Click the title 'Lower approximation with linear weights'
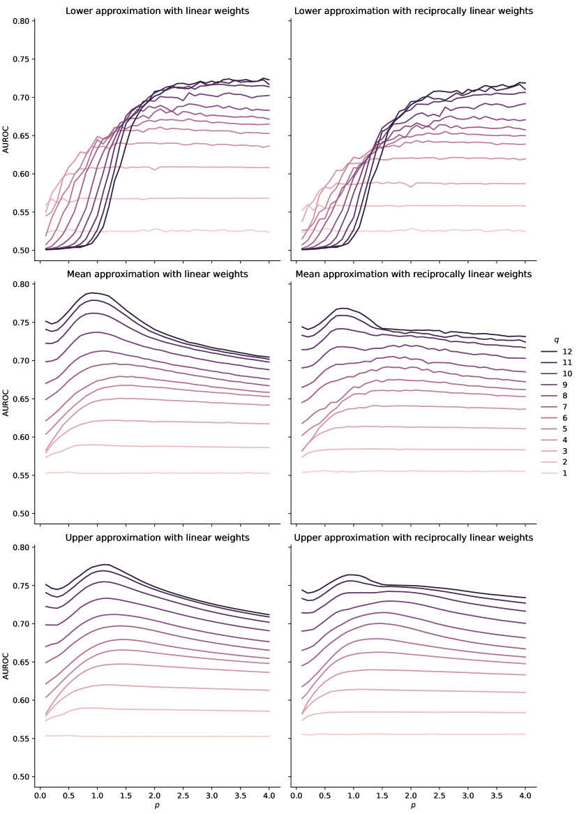pos(157,11)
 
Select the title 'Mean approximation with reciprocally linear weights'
pos(414,274)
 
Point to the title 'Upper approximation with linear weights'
pos(157,538)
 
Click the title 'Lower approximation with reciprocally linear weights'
pos(414,11)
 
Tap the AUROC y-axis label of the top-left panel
pos(6,135)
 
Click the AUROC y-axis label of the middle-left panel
pos(6,399)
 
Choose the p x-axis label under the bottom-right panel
pos(413,806)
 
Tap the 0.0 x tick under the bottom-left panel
pos(40,795)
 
